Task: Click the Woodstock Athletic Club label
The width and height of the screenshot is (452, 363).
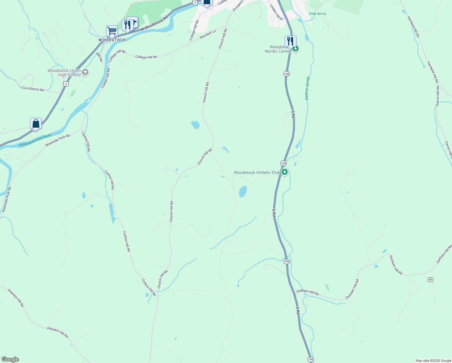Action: click(257, 172)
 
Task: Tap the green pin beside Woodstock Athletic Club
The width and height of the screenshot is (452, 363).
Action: click(284, 172)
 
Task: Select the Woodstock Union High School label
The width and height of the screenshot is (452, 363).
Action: click(64, 73)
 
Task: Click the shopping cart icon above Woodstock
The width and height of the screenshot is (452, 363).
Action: click(112, 31)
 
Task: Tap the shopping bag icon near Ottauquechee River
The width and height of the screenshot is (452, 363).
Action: click(36, 123)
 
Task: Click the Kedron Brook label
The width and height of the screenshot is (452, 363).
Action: click(308, 88)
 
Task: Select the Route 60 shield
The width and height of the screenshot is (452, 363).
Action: click(431, 280)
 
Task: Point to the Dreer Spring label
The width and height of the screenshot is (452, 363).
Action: click(317, 14)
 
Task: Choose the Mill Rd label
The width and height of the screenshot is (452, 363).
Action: click(99, 57)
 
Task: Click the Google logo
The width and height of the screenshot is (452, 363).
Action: click(10, 359)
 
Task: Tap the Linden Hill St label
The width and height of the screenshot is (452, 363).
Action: click(276, 12)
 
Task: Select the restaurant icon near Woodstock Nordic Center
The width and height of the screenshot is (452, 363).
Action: click(290, 41)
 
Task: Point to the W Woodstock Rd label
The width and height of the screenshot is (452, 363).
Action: click(154, 23)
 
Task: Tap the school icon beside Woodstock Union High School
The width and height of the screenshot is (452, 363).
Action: click(85, 72)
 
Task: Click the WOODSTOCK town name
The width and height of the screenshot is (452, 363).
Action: click(112, 40)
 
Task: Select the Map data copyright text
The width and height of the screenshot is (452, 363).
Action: click(433, 361)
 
